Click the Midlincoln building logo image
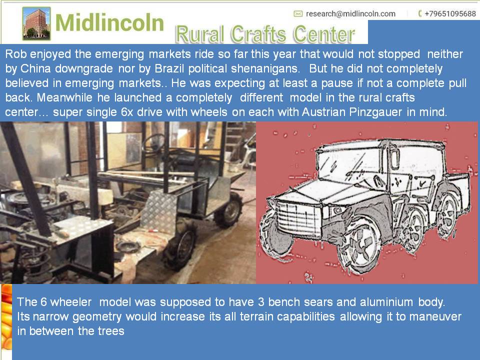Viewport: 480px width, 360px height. pos(36,23)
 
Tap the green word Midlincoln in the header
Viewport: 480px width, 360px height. pos(109,22)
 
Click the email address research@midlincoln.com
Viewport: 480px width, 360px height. pos(350,14)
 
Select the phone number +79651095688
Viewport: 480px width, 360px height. pos(450,14)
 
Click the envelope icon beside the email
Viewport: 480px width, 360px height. pos(298,14)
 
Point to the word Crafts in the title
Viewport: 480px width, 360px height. pos(258,34)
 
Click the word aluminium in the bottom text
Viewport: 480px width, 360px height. pos(386,302)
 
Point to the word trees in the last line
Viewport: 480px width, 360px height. pos(111,331)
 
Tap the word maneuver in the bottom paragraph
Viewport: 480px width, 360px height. pos(435,316)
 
